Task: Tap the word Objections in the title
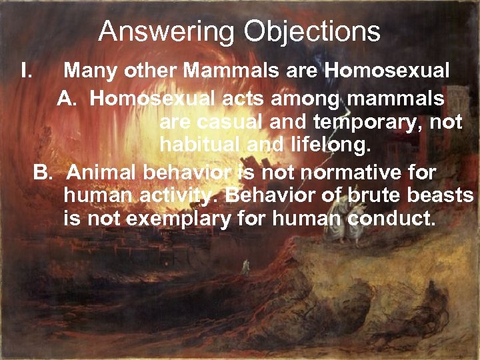click(312, 31)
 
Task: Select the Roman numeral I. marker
click(27, 69)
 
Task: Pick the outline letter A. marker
click(69, 99)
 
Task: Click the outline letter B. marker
click(43, 173)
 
